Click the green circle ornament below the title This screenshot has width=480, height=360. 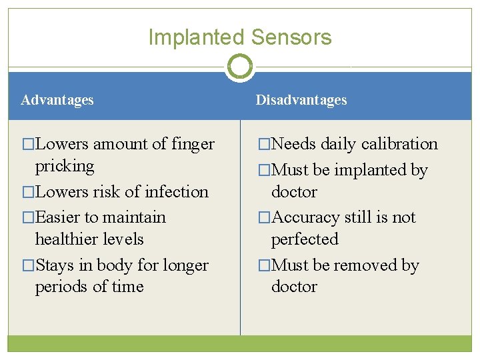(240, 67)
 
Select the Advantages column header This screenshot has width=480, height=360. (57, 100)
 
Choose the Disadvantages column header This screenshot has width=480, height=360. (301, 100)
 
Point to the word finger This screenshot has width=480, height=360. (193, 144)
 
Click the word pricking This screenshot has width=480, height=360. (65, 165)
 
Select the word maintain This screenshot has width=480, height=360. (133, 217)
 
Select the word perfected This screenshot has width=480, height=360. (305, 239)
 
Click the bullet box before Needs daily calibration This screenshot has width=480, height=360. (264, 144)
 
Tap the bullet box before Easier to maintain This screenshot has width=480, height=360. (28, 217)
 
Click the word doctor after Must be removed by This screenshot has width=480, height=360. (294, 287)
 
